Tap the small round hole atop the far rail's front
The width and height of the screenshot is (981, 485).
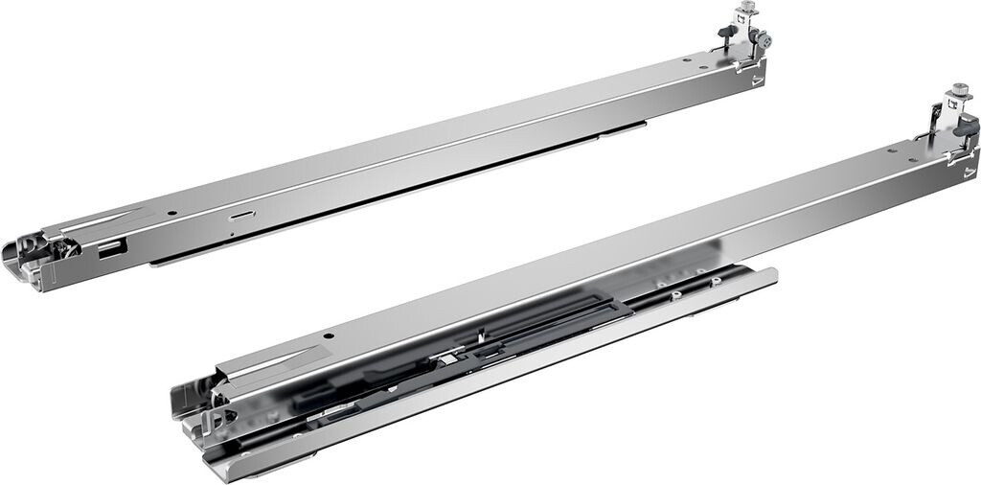[x=170, y=213]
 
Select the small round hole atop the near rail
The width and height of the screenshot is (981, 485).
[x=328, y=336]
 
